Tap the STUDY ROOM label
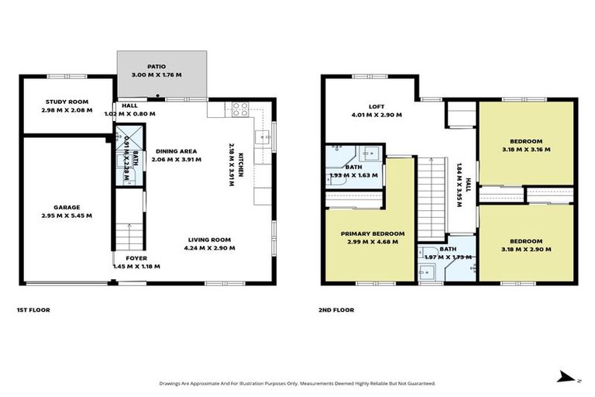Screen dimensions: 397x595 click(x=66, y=102)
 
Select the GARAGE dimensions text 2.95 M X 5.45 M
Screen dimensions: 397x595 click(x=66, y=216)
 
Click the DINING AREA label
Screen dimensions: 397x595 click(x=176, y=151)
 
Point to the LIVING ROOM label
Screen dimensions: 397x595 click(x=210, y=240)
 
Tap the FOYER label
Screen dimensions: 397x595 click(x=136, y=258)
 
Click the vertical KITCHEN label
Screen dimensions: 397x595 click(x=241, y=166)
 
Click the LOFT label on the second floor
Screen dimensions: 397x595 click(x=377, y=107)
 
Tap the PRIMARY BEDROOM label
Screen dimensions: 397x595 click(x=373, y=233)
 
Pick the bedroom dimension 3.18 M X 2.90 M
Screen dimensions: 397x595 click(x=526, y=250)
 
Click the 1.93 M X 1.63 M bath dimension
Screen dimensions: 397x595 click(x=354, y=175)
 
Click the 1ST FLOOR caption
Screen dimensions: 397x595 click(x=33, y=310)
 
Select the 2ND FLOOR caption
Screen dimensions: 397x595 click(x=337, y=310)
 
